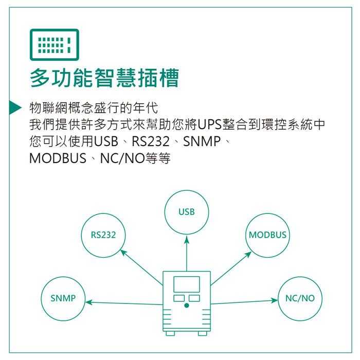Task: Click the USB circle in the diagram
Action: [187, 212]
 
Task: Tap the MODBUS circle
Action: [268, 235]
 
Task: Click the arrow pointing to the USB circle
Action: [187, 252]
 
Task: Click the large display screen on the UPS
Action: [187, 284]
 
